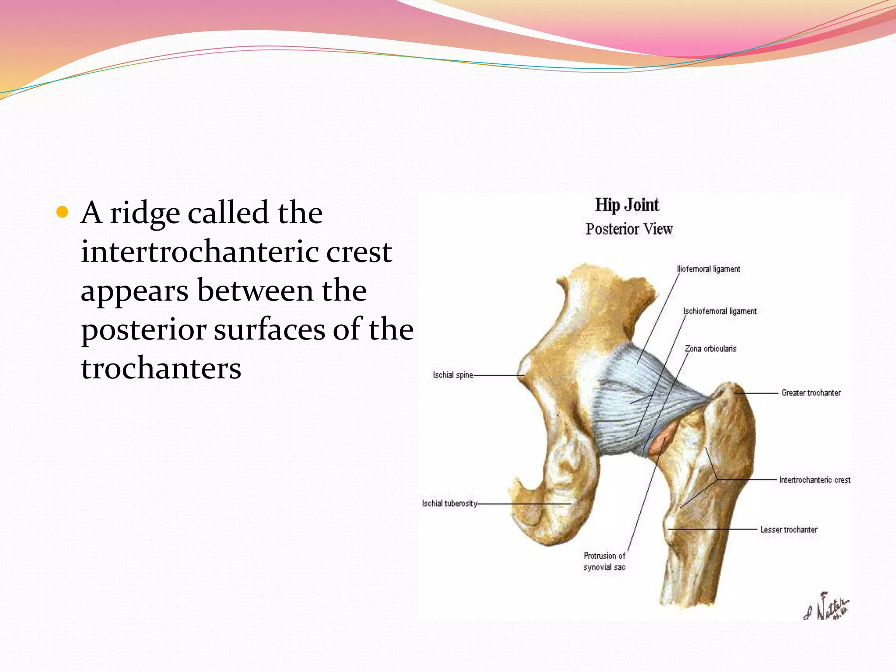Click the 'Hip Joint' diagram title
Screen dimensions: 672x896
pyautogui.click(x=627, y=205)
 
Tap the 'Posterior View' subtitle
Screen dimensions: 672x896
pyautogui.click(x=629, y=229)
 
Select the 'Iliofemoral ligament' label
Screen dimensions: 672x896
pyautogui.click(x=709, y=269)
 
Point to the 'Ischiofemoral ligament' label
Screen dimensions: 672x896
pyautogui.click(x=720, y=311)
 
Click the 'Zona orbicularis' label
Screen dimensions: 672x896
pyautogui.click(x=711, y=349)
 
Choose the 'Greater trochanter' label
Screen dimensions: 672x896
pyautogui.click(x=811, y=393)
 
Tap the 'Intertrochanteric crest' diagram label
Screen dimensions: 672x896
pyautogui.click(x=815, y=480)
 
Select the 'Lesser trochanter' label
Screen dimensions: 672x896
pyautogui.click(x=789, y=530)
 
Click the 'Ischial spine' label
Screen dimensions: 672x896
pyautogui.click(x=453, y=375)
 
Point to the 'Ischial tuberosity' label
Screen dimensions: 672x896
pyautogui.click(x=449, y=504)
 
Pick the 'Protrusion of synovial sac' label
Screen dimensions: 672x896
pyautogui.click(x=605, y=561)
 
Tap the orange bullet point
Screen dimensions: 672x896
pyautogui.click(x=63, y=213)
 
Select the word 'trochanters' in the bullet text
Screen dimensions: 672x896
pyautogui.click(x=161, y=368)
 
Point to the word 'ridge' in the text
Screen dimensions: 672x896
pyautogui.click(x=145, y=213)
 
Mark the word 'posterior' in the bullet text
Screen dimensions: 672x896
pyautogui.click(x=143, y=330)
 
